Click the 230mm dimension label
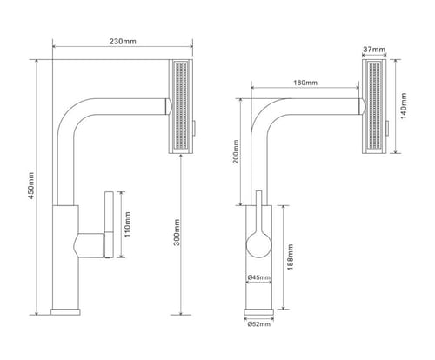point(123,41)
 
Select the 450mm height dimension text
point(31,185)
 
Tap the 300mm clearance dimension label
point(177,232)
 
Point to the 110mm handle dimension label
point(127,224)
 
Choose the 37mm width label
point(374,50)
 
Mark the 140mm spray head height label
point(404,105)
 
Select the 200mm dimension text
point(236,151)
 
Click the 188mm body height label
point(290,257)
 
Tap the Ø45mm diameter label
point(259,277)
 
